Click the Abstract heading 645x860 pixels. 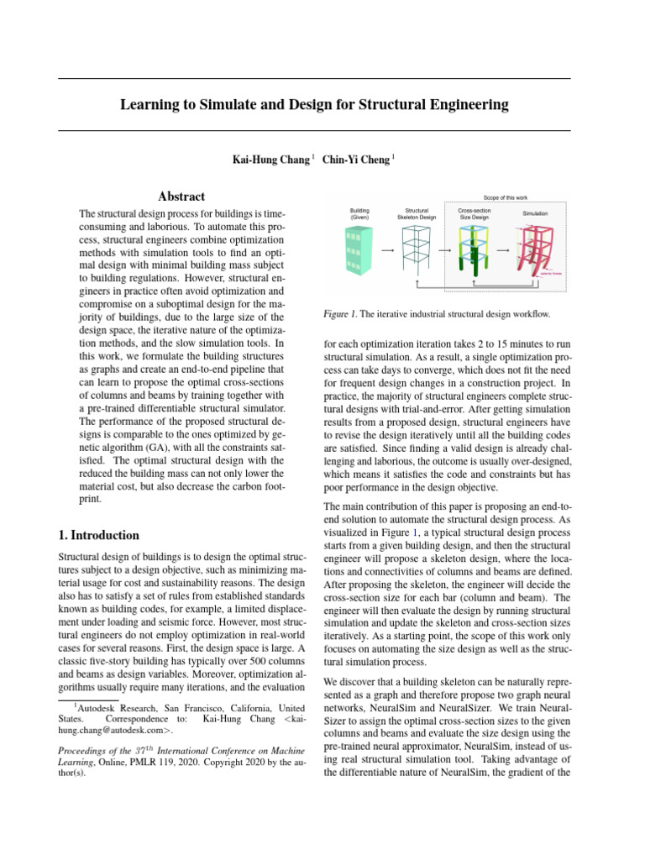pos(181,197)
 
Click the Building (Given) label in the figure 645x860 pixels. pos(359,213)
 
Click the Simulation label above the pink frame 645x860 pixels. pos(535,213)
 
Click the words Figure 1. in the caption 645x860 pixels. pos(343,314)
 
